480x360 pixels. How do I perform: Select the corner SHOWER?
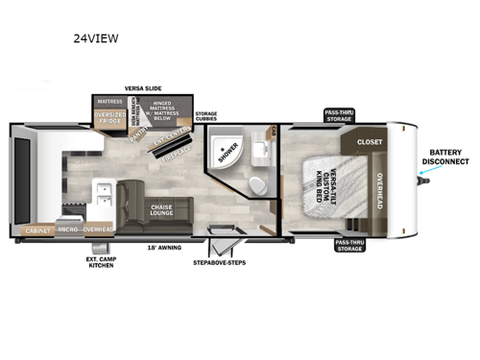pos(228,153)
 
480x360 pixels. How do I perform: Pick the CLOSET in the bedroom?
pos(370,142)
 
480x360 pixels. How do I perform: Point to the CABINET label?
pos(40,230)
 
